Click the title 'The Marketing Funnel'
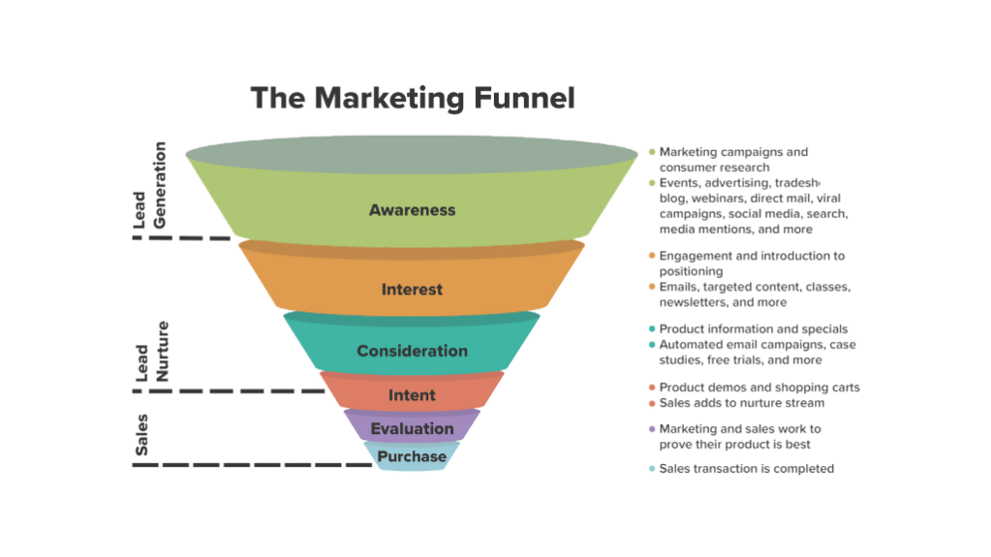[413, 98]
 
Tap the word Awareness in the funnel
[412, 210]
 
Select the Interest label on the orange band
[412, 290]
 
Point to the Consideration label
[412, 351]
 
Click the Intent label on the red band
[412, 395]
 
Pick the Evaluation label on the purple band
[412, 428]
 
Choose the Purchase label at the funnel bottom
[412, 456]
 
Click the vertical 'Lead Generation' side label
[149, 186]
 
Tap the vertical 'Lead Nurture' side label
[150, 351]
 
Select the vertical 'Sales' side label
[142, 436]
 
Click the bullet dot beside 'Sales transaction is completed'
[652, 469]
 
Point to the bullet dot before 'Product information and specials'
[652, 329]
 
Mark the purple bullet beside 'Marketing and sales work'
[652, 429]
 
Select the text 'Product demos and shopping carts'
[759, 387]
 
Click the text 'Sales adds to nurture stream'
[742, 403]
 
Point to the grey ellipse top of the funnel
[412, 153]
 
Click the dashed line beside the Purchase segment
[252, 465]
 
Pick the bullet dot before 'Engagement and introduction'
[652, 256]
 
